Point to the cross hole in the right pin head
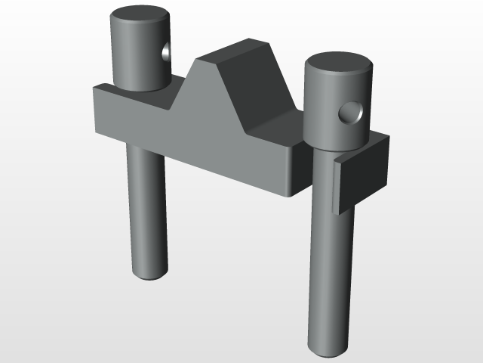[350, 113]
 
